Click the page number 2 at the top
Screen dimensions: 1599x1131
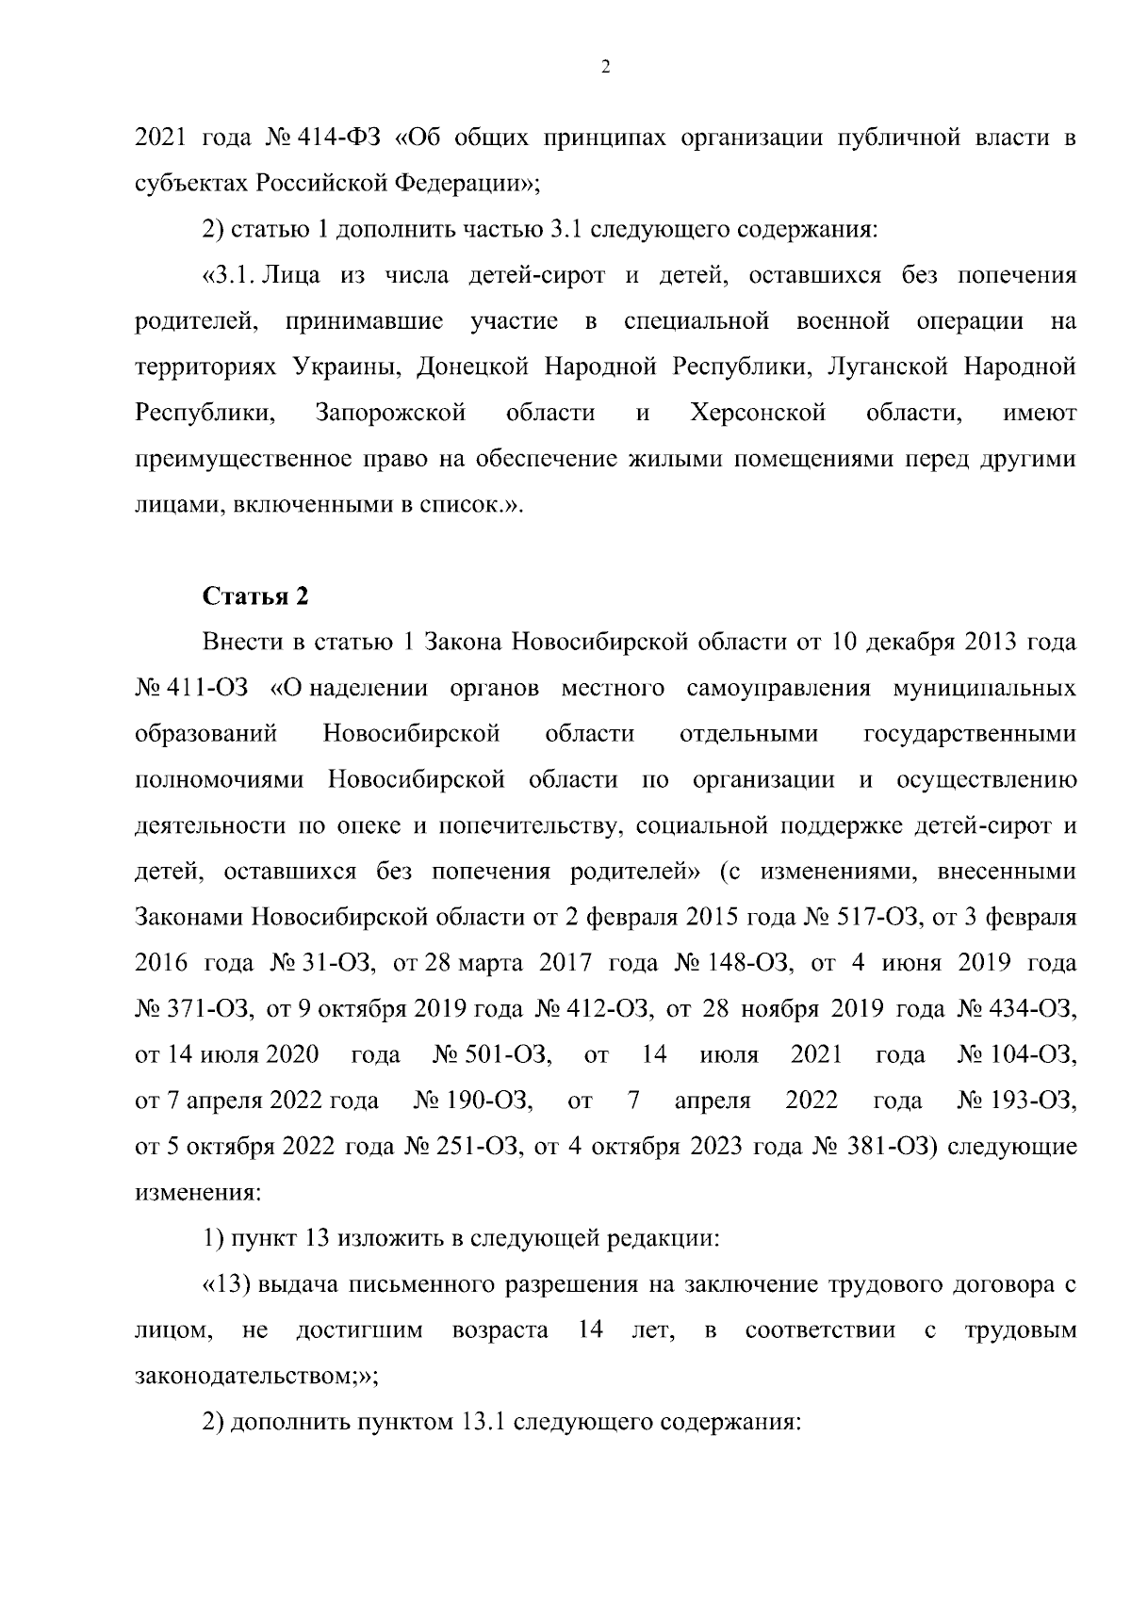click(605, 67)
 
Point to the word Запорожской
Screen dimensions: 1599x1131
click(391, 413)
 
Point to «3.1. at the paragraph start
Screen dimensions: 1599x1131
click(228, 276)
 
